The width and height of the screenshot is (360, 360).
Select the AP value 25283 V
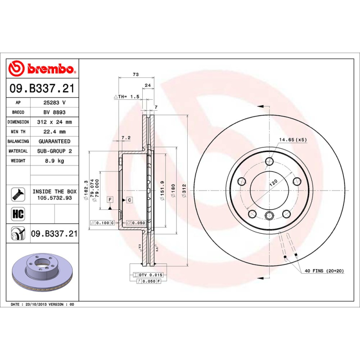[54, 103]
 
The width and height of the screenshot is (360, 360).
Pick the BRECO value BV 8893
[54, 112]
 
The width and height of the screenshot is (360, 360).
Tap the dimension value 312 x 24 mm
[54, 122]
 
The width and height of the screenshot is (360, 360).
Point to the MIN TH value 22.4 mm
[54, 132]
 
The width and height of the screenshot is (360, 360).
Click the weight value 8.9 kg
[54, 161]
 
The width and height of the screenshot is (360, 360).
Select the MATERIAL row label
[18, 151]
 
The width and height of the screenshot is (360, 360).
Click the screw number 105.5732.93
[54, 197]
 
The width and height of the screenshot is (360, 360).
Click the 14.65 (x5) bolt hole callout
[292, 140]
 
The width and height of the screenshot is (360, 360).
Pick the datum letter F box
[109, 199]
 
